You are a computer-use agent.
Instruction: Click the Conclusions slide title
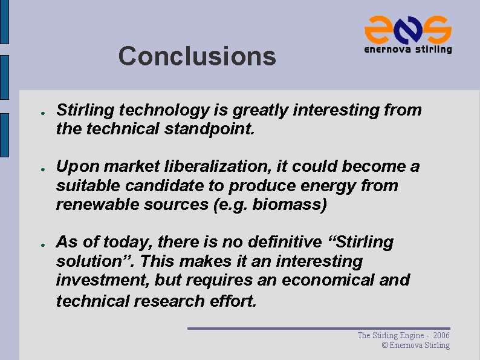[x=197, y=56]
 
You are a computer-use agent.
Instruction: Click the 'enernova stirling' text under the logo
[x=408, y=50]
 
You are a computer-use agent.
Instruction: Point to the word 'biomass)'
[x=290, y=205]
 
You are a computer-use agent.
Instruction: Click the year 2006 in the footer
[x=441, y=335]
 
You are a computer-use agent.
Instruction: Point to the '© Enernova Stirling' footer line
[x=416, y=345]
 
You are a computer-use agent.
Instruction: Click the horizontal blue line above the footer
[x=319, y=329]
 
